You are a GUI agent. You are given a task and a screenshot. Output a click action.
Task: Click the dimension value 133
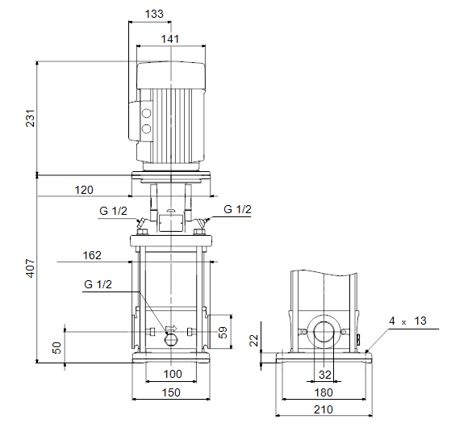click(x=154, y=14)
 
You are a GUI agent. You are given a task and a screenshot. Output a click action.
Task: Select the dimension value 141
click(x=170, y=39)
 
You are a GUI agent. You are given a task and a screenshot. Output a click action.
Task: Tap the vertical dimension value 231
click(x=30, y=118)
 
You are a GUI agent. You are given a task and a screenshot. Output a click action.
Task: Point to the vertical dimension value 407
click(x=30, y=268)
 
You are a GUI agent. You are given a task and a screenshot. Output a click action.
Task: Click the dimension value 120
click(x=84, y=190)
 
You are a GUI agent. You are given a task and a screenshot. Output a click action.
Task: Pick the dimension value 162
click(x=92, y=255)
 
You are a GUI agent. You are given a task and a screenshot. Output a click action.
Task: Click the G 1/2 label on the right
click(x=237, y=209)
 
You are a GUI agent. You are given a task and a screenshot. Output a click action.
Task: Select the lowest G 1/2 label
click(x=98, y=284)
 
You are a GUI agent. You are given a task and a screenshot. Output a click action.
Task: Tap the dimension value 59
click(x=223, y=333)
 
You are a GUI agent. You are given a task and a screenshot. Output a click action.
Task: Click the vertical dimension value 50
click(x=56, y=348)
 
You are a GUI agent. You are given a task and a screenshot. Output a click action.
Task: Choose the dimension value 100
click(x=173, y=374)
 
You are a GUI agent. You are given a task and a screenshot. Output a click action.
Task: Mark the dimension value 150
click(x=171, y=392)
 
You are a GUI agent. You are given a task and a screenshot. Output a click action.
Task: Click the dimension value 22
click(x=254, y=341)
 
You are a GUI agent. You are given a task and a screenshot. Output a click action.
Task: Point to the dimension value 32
click(x=325, y=375)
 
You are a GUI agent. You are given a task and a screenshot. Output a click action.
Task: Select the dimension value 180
click(x=324, y=392)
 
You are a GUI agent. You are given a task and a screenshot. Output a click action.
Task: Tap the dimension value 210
click(x=324, y=409)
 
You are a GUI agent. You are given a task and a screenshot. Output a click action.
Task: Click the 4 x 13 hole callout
click(x=408, y=321)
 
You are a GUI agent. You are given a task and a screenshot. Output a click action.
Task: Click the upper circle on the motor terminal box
click(x=146, y=113)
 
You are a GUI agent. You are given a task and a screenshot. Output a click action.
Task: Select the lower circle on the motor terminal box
click(x=146, y=128)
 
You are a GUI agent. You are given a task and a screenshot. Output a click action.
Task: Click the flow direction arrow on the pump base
click(x=171, y=329)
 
